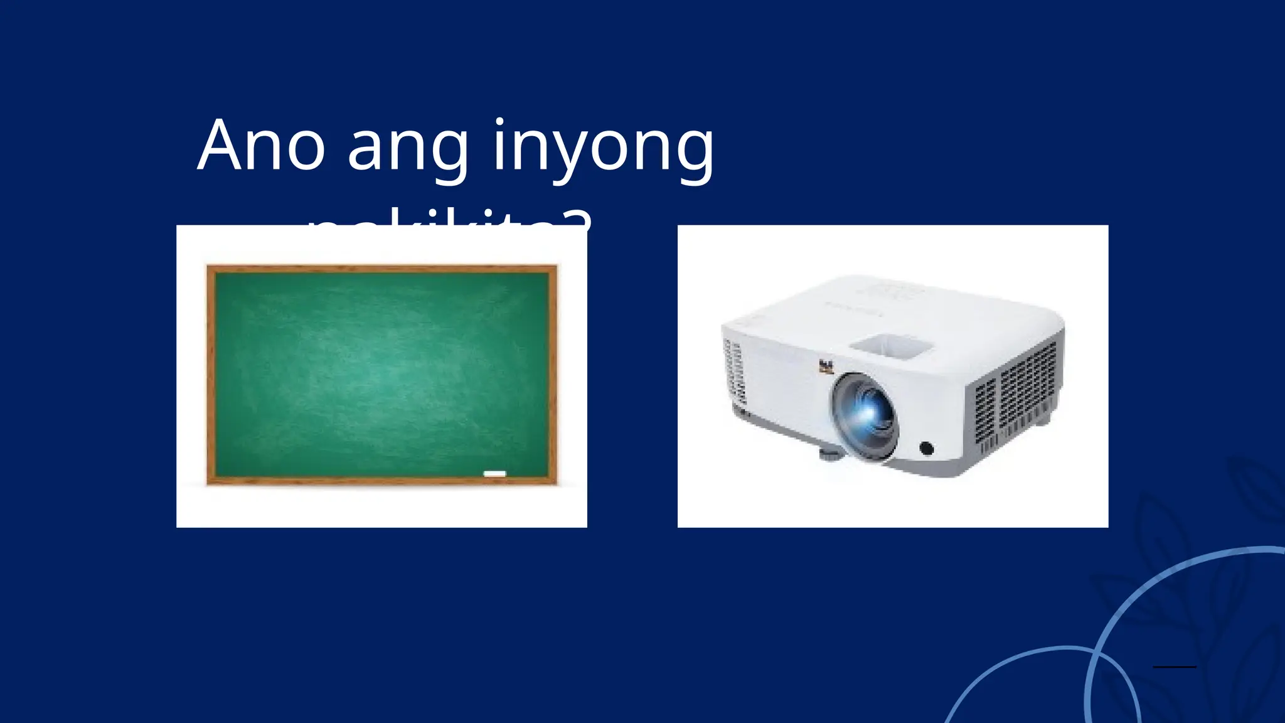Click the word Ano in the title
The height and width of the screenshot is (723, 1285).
point(261,146)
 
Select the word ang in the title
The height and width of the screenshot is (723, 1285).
point(408,151)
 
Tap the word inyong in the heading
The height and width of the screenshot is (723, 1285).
point(603,151)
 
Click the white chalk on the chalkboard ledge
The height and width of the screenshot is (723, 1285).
point(494,473)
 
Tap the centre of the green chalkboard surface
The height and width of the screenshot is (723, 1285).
point(381,375)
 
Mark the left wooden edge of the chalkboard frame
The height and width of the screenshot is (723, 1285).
point(211,375)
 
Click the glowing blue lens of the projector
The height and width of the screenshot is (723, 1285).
point(866,411)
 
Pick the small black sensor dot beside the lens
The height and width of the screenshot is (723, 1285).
point(926,448)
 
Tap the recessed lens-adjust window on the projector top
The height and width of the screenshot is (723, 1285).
point(891,345)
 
